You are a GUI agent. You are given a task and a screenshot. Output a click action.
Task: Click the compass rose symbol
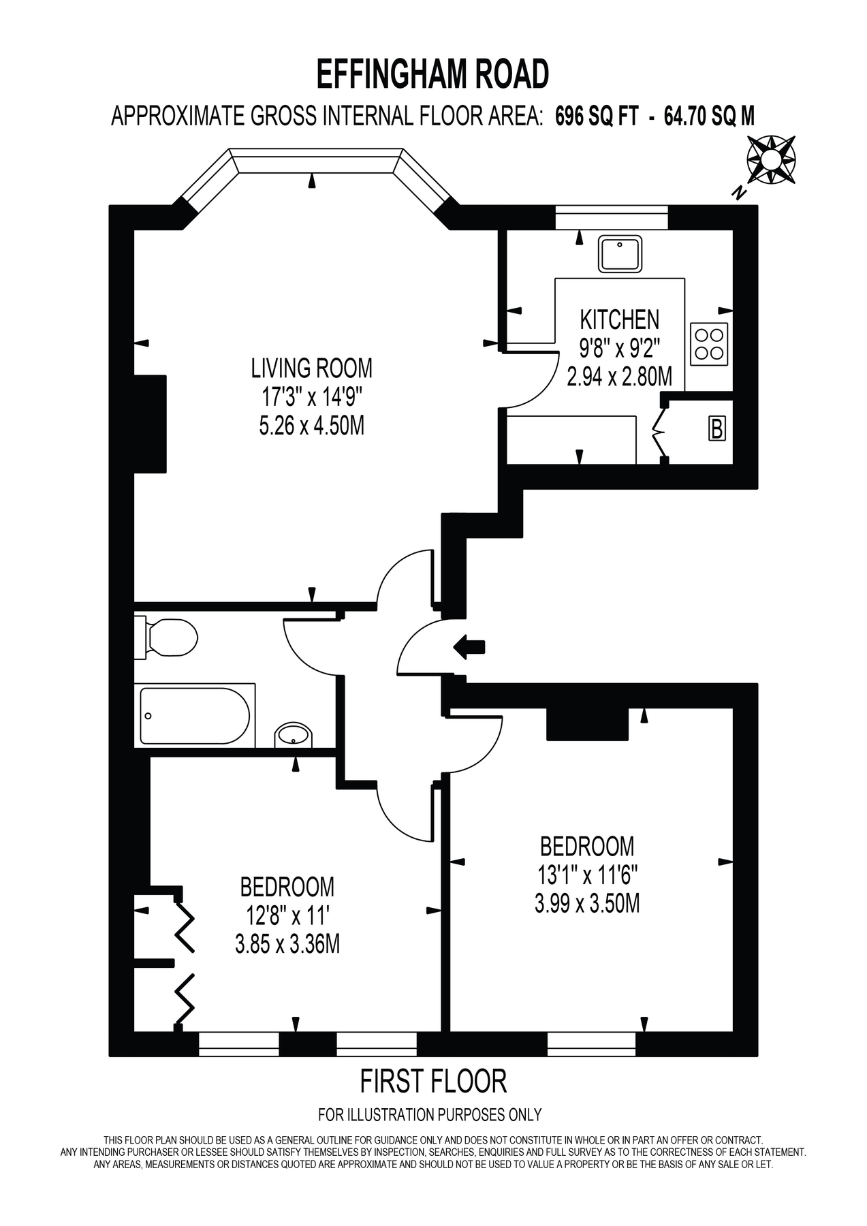pos(771,160)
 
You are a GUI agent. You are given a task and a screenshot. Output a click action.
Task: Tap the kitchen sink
pos(620,253)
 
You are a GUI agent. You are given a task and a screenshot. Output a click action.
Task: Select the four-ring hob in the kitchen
pos(710,343)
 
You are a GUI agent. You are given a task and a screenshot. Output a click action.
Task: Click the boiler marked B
pos(716,429)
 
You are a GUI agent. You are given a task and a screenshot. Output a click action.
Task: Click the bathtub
pos(194,715)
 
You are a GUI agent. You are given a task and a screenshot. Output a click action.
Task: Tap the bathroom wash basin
pos(294,736)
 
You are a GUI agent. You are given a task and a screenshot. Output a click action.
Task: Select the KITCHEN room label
pos(619,319)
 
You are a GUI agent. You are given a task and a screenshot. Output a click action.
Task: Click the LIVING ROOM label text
pos(312,368)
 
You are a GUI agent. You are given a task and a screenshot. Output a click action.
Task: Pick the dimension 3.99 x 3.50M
pos(587,904)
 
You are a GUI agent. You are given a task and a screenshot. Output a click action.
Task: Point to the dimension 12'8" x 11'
pos(287,915)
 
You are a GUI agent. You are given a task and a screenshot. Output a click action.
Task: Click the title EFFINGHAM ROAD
pos(432,74)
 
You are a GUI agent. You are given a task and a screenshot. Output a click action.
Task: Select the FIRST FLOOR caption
pos(433,1082)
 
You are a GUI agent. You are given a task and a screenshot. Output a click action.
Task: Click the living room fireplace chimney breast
pos(151,423)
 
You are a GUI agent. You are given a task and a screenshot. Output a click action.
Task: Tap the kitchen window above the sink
pos(612,218)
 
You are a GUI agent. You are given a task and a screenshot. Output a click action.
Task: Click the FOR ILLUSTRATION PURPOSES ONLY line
pos(430,1115)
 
